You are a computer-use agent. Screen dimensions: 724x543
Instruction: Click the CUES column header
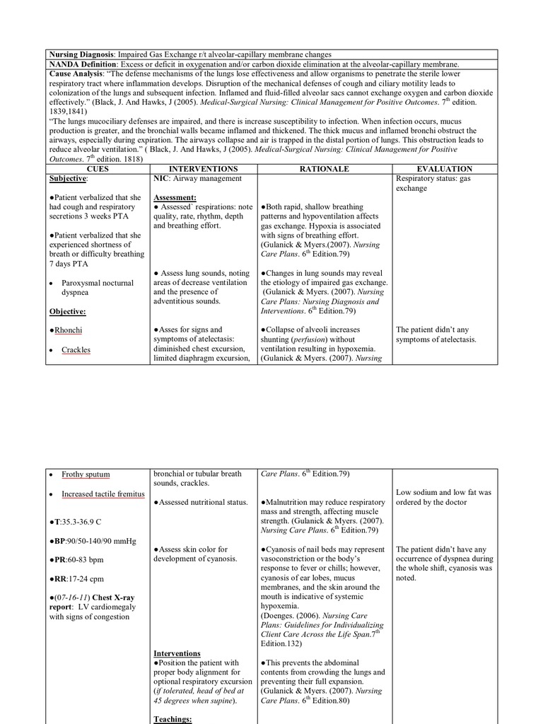98,169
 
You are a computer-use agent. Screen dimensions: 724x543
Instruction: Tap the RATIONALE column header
324,169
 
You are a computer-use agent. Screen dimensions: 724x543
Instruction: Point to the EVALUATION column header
444,169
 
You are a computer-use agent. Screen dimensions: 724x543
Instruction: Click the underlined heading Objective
68,311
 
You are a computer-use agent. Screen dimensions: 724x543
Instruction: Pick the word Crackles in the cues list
76,350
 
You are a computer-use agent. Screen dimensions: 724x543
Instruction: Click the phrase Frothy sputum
86,474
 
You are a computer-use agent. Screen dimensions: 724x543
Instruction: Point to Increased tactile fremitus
103,494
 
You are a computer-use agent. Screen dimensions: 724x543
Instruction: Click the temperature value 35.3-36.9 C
81,521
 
